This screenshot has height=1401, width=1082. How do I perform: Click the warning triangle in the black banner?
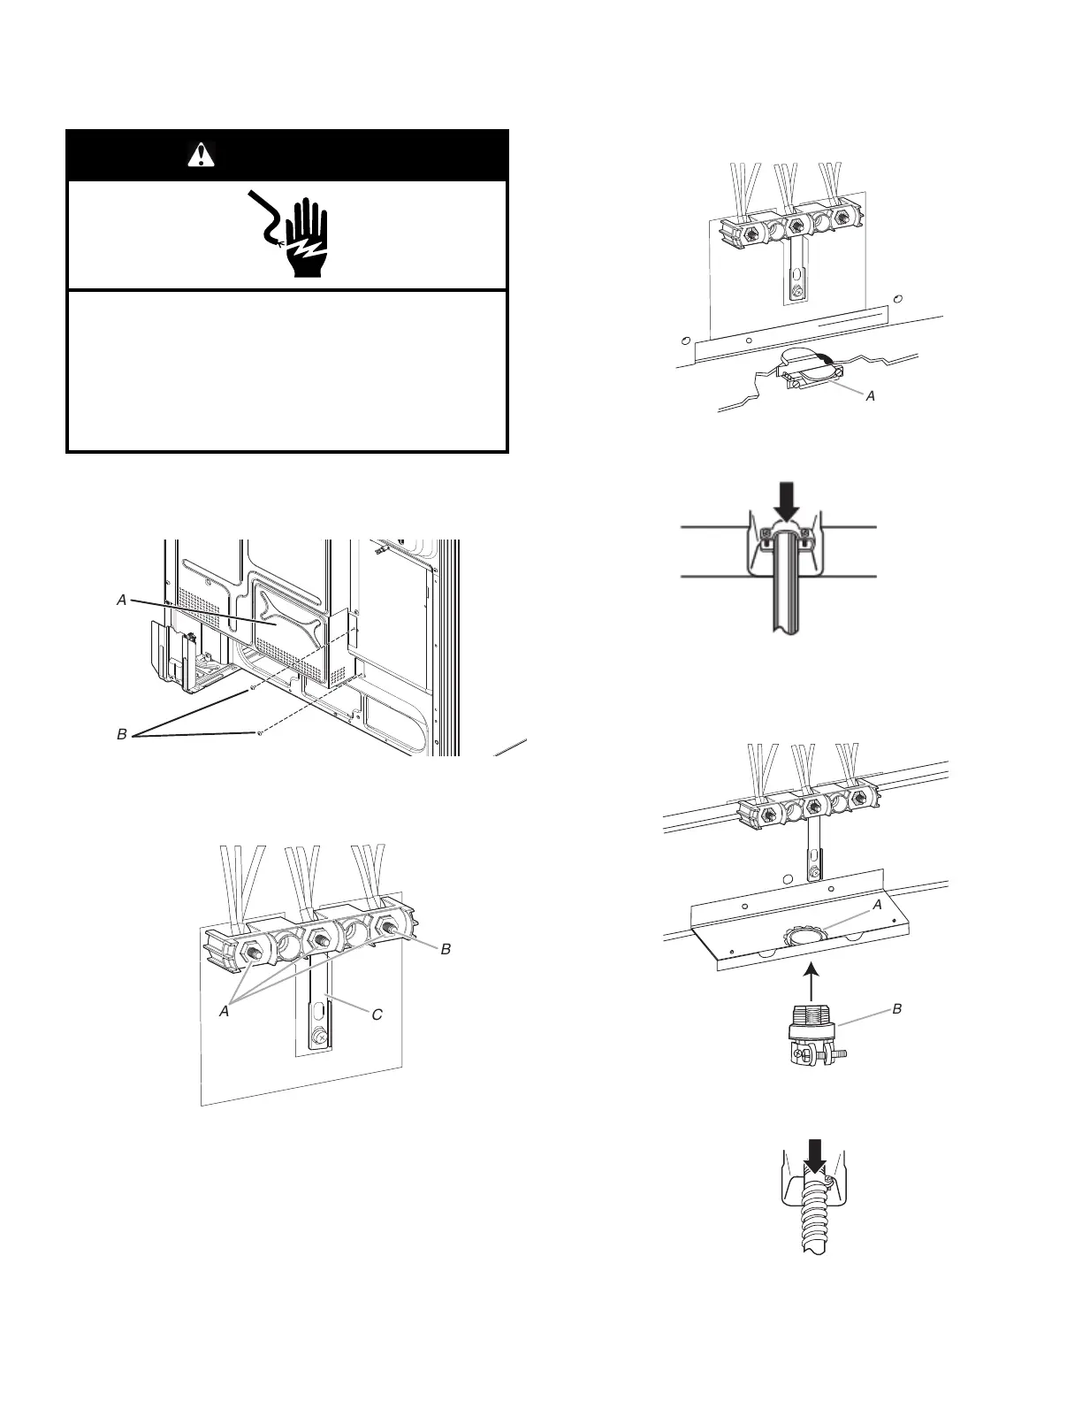(x=202, y=156)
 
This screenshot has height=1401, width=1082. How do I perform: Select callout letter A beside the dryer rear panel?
(x=122, y=600)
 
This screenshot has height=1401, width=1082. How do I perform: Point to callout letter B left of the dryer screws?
(x=122, y=734)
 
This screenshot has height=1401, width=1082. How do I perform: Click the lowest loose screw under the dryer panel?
(x=258, y=733)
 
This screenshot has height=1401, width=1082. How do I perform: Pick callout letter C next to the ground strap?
(x=377, y=1014)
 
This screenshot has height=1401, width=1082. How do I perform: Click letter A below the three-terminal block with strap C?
(x=225, y=1011)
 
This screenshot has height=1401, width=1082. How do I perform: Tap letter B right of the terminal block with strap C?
(x=446, y=948)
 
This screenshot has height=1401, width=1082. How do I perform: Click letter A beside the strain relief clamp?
(x=870, y=396)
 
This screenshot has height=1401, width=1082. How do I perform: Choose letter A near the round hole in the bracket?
(x=877, y=906)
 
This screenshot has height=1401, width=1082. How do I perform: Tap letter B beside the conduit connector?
(x=898, y=1008)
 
